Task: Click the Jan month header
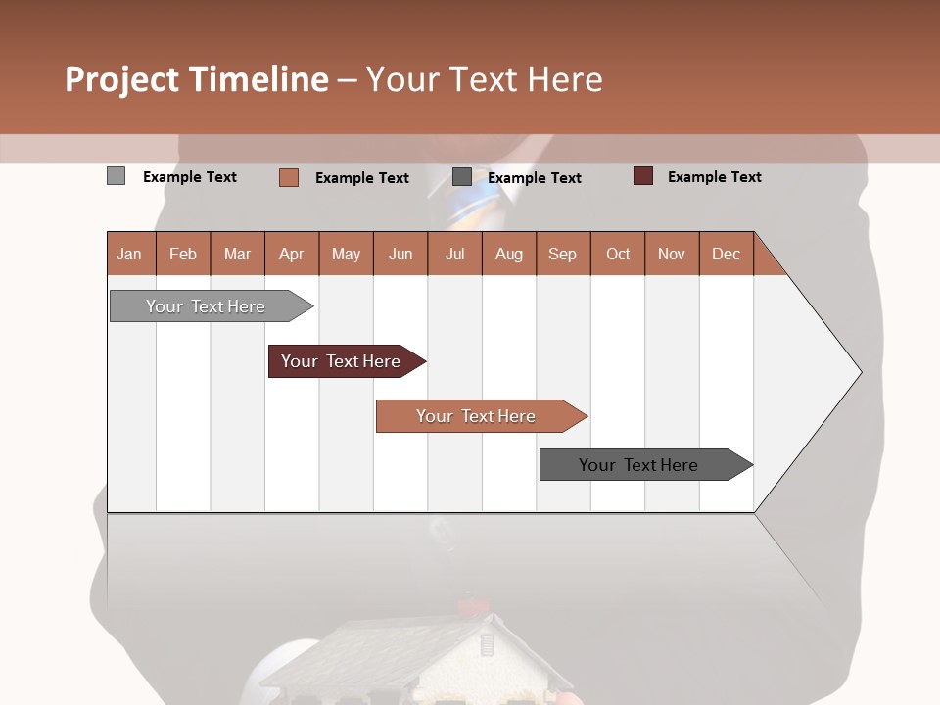point(129,254)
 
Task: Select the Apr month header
point(291,254)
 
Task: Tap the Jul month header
point(454,254)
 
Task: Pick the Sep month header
point(562,254)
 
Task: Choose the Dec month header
point(726,254)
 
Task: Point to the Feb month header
point(183,254)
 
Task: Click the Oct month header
point(617,254)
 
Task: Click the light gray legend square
point(116,176)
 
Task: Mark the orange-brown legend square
point(288,177)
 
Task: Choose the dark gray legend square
point(462,177)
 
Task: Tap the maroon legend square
point(642,176)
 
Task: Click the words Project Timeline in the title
point(196,79)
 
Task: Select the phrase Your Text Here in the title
point(484,79)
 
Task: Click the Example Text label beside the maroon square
point(714,177)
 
